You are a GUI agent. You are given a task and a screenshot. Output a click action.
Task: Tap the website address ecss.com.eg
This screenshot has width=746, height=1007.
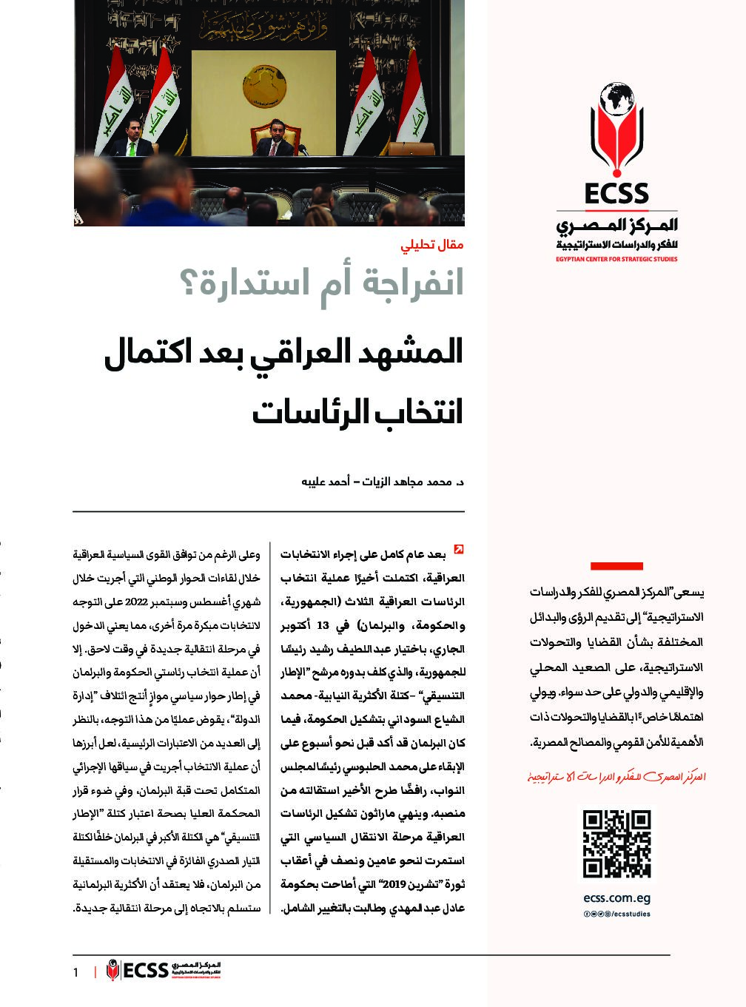tap(616, 899)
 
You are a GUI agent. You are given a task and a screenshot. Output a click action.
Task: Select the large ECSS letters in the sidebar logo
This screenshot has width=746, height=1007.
tap(616, 194)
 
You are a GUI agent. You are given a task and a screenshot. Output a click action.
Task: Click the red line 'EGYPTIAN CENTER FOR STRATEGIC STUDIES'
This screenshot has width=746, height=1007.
tap(616, 259)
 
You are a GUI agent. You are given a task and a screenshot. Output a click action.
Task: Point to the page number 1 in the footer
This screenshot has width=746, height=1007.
tap(75, 972)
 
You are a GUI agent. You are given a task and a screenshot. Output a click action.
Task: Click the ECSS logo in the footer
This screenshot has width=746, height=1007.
tap(164, 970)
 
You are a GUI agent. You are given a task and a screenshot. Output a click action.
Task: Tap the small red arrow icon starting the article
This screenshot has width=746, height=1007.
tap(459, 549)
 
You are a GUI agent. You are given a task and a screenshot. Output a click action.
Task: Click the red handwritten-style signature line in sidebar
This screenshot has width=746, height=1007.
tap(616, 777)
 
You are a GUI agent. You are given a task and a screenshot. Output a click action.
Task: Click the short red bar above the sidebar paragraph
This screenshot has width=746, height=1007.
tap(616, 566)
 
